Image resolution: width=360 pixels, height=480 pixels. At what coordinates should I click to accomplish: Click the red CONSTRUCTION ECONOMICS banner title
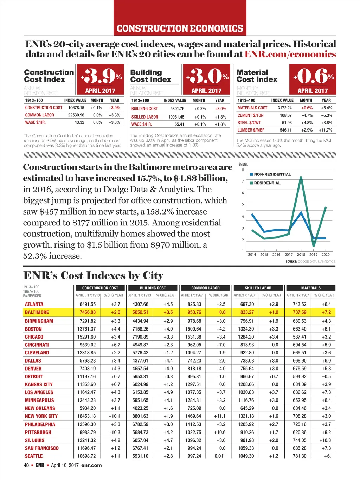pos(180,28)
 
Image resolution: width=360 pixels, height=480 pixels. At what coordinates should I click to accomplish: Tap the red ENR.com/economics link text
pos(290,54)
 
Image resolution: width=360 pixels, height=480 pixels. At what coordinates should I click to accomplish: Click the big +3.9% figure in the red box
pos(101,76)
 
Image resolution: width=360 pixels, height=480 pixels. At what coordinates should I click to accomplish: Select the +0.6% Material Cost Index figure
pos(313,76)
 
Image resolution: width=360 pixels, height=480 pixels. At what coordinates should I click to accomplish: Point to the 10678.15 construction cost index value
pos(76,108)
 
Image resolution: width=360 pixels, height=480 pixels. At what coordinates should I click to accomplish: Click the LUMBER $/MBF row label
pos(251,130)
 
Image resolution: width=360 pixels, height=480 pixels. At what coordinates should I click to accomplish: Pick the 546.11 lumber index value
pos(285,130)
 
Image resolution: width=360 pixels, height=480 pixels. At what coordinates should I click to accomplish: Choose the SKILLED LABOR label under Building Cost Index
pos(145,117)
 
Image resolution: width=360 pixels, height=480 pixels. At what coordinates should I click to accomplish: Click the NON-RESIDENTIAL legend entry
pos(272,174)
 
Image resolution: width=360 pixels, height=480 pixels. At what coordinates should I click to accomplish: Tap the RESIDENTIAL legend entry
pos(267,183)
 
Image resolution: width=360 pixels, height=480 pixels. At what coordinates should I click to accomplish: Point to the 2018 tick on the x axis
pos(301,254)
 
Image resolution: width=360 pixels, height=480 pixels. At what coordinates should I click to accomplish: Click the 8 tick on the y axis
pos(243,169)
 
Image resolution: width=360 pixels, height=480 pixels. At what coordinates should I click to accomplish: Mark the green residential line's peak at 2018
pos(301,177)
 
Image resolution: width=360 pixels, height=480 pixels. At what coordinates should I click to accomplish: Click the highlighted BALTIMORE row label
pos(37,312)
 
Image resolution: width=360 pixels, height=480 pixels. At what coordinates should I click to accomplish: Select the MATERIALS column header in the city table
pos(311,288)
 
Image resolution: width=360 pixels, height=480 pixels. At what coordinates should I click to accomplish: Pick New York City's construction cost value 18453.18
pos(86,416)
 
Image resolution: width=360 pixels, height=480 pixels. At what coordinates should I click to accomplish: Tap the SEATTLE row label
pos(34,456)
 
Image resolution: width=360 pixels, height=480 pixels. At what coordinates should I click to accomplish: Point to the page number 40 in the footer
pos(26,465)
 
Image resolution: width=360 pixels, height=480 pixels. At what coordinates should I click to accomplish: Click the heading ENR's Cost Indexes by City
pos(93,275)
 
